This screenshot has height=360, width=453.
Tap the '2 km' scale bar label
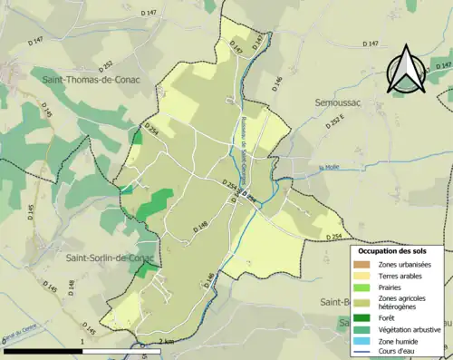click(165, 341)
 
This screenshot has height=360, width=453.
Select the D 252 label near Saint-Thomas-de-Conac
click(107, 65)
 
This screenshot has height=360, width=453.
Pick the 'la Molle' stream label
click(328, 167)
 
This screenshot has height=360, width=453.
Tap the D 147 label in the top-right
click(370, 44)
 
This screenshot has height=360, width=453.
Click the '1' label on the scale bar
click(82, 341)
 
